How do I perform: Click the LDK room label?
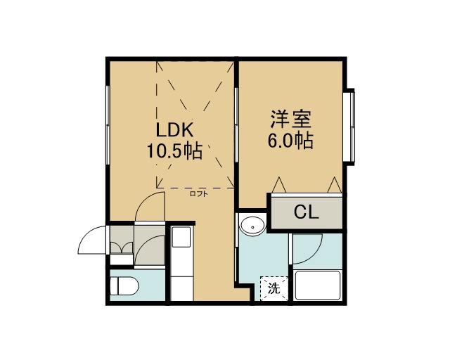tap(174, 130)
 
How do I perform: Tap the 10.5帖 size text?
tap(175, 150)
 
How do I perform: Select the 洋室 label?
tap(290, 119)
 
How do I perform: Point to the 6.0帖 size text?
tap(290, 141)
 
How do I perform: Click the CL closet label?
tap(307, 212)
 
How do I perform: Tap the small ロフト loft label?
tap(198, 194)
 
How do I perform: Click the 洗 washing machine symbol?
tap(274, 288)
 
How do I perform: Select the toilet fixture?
tap(124, 285)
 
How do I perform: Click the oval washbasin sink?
tap(252, 226)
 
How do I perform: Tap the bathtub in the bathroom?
tap(318, 285)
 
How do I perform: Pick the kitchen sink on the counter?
tap(181, 237)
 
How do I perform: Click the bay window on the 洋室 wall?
tap(349, 127)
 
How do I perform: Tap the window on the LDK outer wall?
tap(108, 125)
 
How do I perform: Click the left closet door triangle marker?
tap(279, 185)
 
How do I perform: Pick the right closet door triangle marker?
tap(335, 185)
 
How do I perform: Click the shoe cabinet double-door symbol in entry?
tap(122, 247)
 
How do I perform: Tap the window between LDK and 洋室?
tap(237, 125)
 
